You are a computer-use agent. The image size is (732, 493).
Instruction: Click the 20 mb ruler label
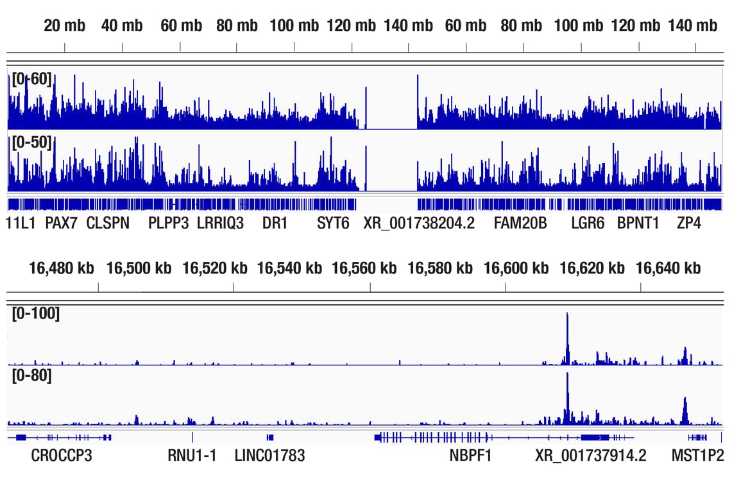[x=64, y=26]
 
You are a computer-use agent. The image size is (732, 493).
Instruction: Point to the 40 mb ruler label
[x=122, y=26]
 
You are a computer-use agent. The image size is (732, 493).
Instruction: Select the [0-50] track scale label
[x=31, y=142]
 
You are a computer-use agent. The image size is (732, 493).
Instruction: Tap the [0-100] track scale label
[x=36, y=314]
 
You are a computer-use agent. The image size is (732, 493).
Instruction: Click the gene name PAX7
[x=62, y=223]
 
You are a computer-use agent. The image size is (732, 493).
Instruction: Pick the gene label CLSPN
[x=108, y=223]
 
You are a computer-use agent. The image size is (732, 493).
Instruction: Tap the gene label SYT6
[x=334, y=223]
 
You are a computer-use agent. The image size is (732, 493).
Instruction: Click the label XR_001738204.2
[x=419, y=223]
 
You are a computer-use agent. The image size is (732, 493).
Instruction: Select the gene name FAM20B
[x=520, y=223]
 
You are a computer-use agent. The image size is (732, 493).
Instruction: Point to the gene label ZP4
[x=689, y=223]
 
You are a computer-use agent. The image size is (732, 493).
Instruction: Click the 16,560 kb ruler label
[x=364, y=268]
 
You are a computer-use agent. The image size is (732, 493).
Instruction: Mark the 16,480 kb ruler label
[x=62, y=268]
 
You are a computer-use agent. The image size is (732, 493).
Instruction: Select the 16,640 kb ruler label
[x=668, y=268]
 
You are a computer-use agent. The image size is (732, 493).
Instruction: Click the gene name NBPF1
[x=470, y=456]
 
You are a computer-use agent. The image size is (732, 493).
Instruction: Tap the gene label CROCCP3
[x=62, y=456]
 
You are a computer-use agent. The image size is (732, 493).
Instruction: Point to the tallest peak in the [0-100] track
[x=567, y=315]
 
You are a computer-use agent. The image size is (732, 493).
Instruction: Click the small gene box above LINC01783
[x=270, y=437]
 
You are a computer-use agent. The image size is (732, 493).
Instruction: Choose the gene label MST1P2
[x=697, y=456]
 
